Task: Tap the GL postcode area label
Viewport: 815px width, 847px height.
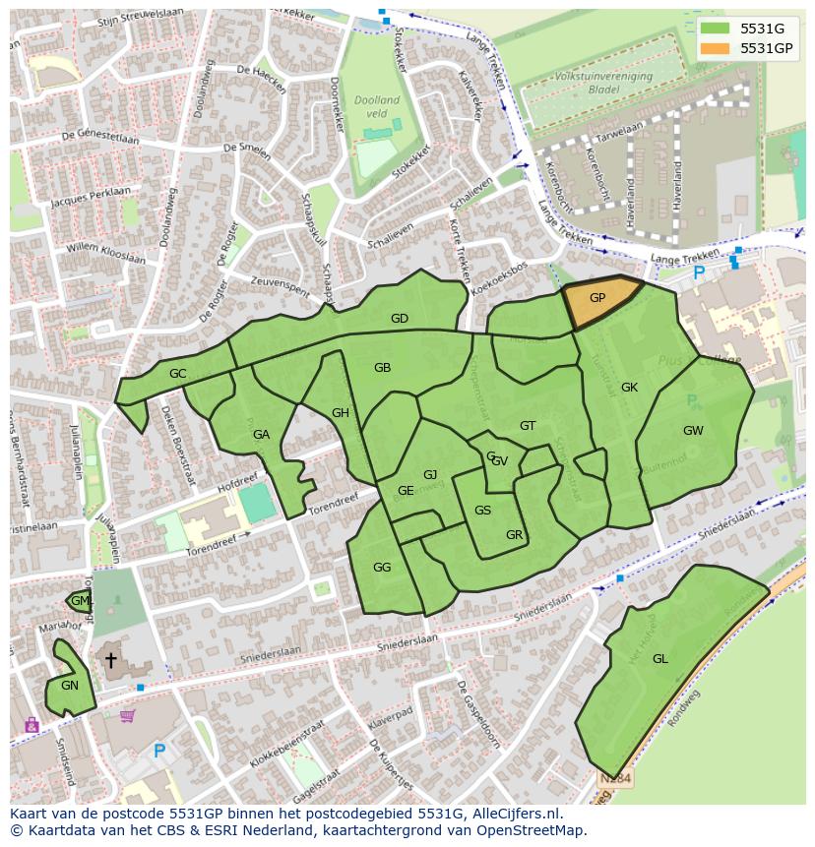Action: [659, 659]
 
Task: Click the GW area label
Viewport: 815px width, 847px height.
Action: [693, 431]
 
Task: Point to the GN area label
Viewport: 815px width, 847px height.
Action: [70, 686]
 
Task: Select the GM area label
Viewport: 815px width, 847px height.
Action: [80, 601]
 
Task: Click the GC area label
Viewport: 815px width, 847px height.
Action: [177, 374]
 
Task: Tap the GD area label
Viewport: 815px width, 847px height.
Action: [400, 319]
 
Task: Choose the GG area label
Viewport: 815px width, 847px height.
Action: [382, 568]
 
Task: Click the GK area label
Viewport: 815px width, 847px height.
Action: [629, 388]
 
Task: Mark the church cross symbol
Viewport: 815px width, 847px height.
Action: [110, 660]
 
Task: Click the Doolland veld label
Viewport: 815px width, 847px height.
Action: [376, 107]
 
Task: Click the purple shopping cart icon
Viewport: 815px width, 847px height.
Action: [127, 716]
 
